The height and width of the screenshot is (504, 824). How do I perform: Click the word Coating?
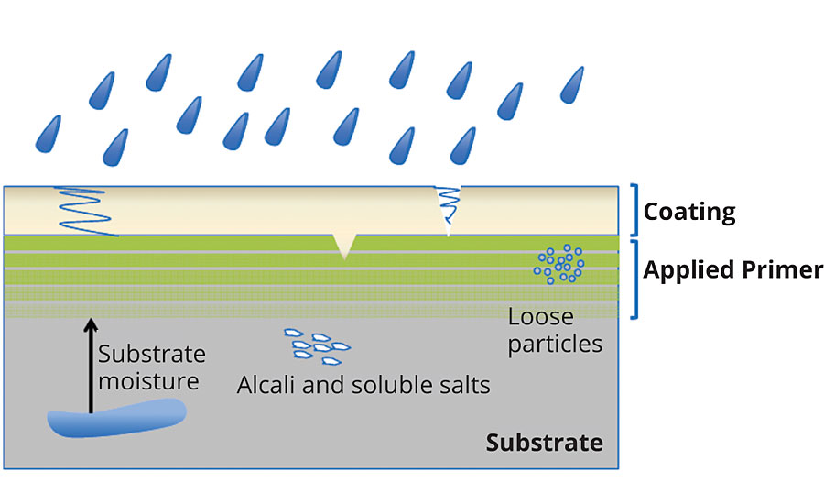(x=689, y=213)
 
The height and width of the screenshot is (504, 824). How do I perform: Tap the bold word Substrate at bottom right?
(x=544, y=443)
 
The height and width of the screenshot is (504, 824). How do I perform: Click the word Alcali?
(x=266, y=385)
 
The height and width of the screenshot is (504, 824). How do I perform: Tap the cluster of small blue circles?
(x=559, y=263)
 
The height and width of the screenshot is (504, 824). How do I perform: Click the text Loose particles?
(x=555, y=331)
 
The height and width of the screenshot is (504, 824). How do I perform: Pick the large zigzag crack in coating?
(x=84, y=211)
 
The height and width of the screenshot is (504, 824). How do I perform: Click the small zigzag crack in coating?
(x=448, y=206)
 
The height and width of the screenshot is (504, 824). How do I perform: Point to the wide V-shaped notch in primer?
(x=344, y=245)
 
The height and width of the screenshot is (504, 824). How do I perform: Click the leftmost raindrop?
(x=48, y=134)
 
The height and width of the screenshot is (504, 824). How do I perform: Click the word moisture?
(x=148, y=379)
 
